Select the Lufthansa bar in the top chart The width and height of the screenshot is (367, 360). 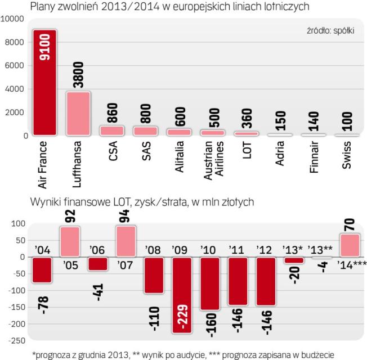[x=79, y=113]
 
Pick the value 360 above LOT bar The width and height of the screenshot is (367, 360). [x=247, y=118]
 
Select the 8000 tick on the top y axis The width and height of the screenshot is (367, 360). [x=15, y=42]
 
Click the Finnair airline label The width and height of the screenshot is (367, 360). [x=314, y=159]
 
